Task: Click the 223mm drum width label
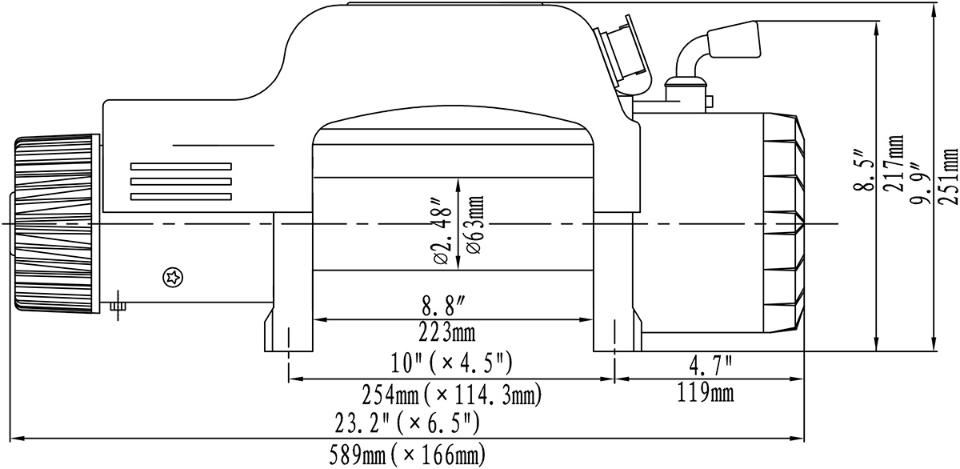coord(447,332)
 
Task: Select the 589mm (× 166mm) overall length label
coord(407,455)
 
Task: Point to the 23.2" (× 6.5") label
coord(406,423)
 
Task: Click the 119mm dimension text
coord(706,393)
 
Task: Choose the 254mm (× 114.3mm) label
coord(452,395)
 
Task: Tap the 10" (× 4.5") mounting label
coord(452,363)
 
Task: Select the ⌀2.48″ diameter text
coord(443,230)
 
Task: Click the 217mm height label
coord(895,163)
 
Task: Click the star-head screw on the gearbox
coord(174,278)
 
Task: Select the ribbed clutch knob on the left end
coord(54,224)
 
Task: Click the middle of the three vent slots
coord(181,182)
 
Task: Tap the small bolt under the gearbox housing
coord(118,306)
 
